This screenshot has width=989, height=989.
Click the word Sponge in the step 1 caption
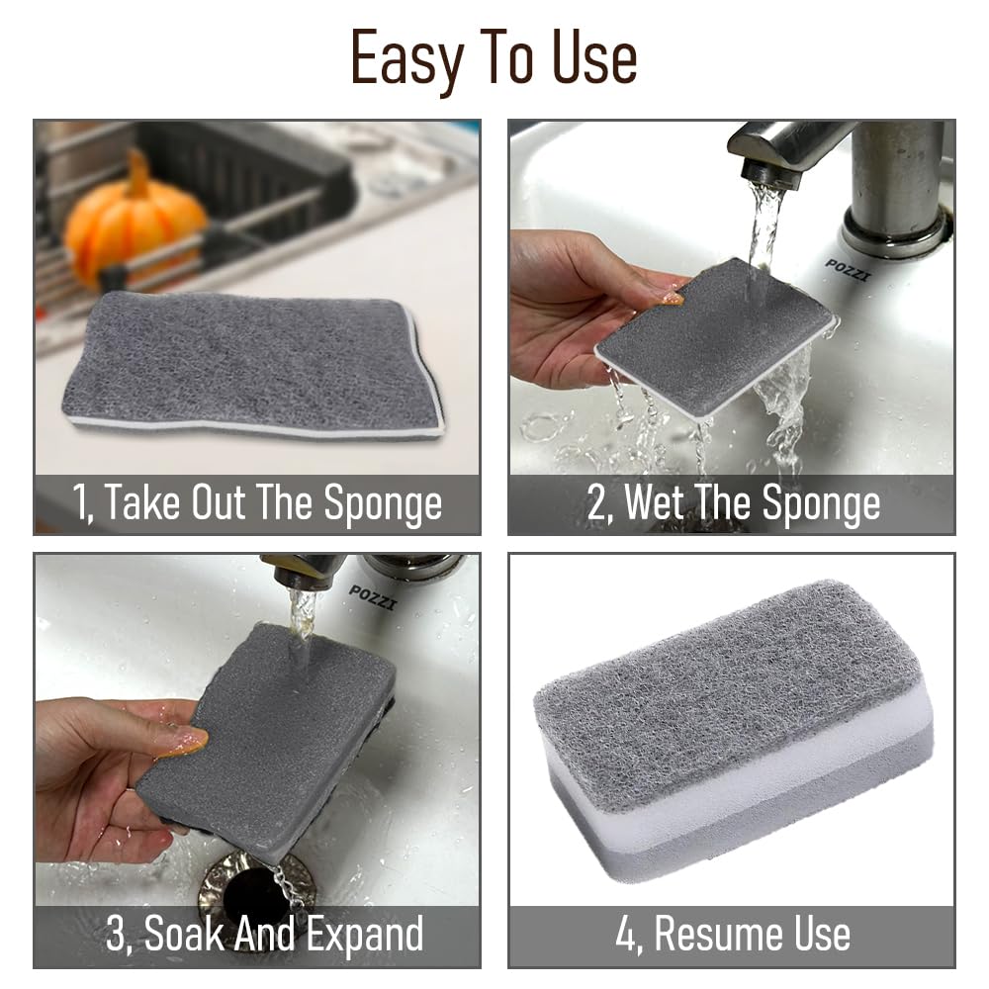[x=384, y=503]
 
